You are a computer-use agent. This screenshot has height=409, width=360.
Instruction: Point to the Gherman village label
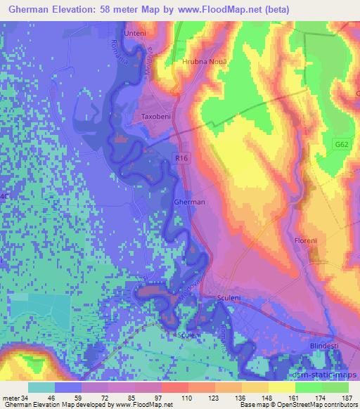pyautogui.click(x=189, y=202)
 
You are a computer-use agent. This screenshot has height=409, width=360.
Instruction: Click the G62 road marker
pyautogui.click(x=342, y=145)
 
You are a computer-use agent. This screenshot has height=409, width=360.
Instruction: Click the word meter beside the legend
pyautogui.click(x=11, y=398)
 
